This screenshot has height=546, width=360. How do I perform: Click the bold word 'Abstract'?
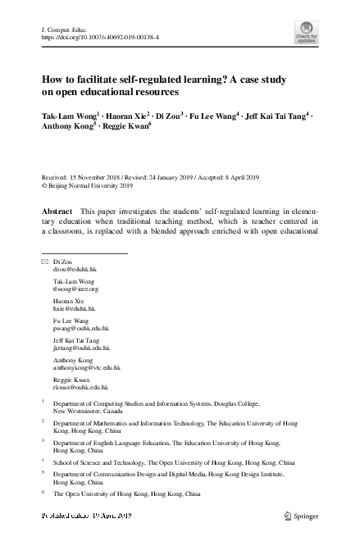pos(57,211)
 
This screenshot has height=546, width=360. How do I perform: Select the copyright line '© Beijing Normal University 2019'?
pos(91,185)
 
